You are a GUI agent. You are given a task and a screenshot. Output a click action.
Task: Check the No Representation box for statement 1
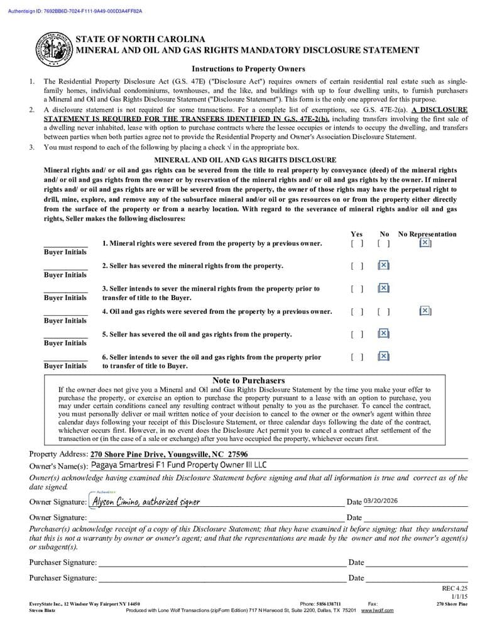425,243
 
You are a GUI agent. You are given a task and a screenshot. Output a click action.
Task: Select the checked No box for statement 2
384,265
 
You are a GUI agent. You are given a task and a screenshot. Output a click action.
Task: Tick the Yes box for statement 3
357,289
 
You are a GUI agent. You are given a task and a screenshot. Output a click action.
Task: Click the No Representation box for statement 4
425,311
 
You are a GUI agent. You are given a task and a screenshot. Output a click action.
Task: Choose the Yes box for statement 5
357,334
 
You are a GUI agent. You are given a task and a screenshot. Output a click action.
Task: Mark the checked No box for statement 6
384,357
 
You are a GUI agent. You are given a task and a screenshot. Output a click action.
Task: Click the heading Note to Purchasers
248,380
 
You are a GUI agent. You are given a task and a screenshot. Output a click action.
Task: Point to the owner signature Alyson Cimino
146,502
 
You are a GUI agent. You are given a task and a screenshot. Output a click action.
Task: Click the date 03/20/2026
380,501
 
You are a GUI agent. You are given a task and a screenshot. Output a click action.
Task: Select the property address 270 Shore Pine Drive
168,454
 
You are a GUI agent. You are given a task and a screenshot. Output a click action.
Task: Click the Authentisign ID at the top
75,11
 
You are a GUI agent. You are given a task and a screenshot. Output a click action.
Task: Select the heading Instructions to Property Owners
248,69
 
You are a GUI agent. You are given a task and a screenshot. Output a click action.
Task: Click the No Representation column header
427,234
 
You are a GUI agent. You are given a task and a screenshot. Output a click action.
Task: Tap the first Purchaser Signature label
63,562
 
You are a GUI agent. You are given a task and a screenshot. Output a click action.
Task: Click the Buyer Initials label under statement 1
65,252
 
